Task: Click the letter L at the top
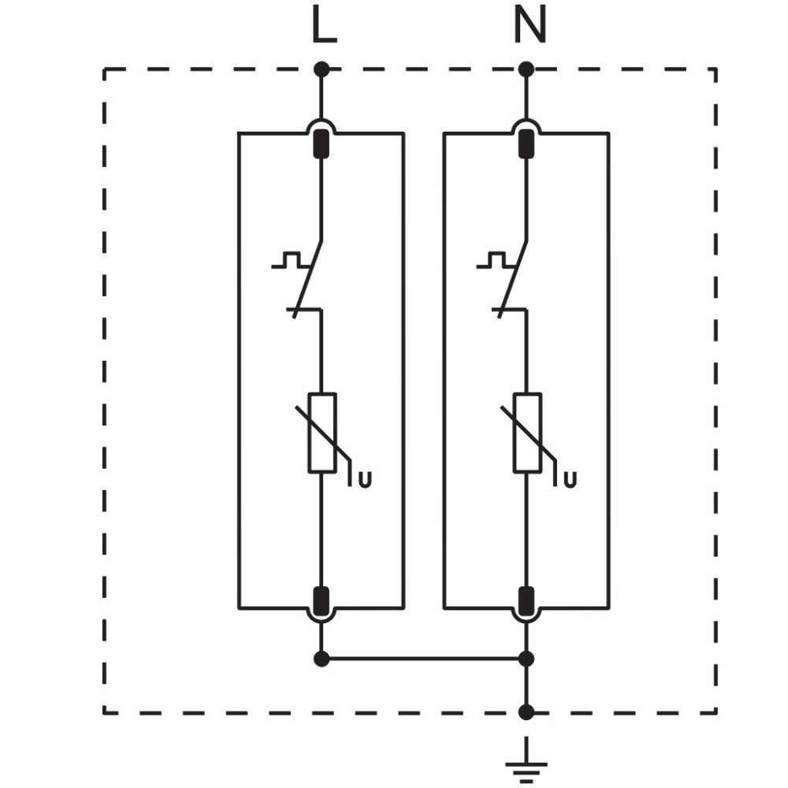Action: pyautogui.click(x=324, y=26)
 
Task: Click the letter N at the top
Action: pyautogui.click(x=530, y=26)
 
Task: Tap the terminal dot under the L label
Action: pyautogui.click(x=322, y=69)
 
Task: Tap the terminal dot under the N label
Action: pyautogui.click(x=526, y=69)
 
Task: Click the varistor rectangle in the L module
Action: pyautogui.click(x=322, y=433)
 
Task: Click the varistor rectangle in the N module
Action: pyautogui.click(x=527, y=433)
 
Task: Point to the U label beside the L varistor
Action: pyautogui.click(x=366, y=481)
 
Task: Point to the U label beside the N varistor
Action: pyautogui.click(x=570, y=481)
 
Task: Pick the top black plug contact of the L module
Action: pyautogui.click(x=322, y=143)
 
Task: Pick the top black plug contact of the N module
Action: pyautogui.click(x=526, y=143)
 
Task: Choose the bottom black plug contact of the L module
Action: pyautogui.click(x=322, y=601)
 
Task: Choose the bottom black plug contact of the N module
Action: pyautogui.click(x=526, y=601)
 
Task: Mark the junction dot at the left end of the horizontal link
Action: pyautogui.click(x=322, y=658)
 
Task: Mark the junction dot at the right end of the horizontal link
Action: pyautogui.click(x=526, y=658)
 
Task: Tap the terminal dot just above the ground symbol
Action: pyautogui.click(x=526, y=712)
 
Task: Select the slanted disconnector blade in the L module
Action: pyautogui.click(x=307, y=279)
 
